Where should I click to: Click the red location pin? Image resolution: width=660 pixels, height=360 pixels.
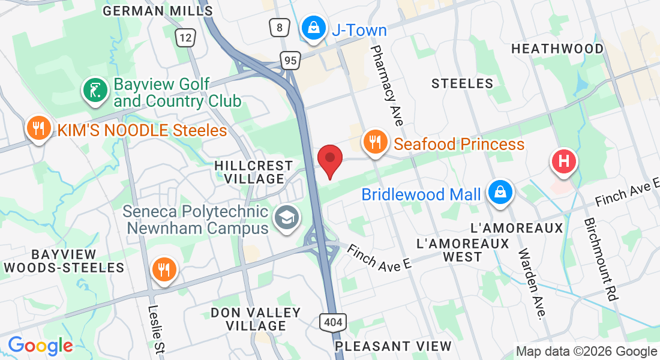click(x=329, y=158)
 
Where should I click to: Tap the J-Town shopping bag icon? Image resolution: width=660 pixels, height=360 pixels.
click(x=313, y=27)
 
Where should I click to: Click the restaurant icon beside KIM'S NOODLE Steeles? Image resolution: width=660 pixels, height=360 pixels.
click(x=38, y=128)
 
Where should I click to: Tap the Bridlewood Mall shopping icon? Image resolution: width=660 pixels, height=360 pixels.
click(x=499, y=193)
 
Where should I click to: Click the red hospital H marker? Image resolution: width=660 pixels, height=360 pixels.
click(x=564, y=161)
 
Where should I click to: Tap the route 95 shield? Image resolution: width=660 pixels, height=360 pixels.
click(x=290, y=60)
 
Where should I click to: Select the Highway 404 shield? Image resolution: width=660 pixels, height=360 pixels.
click(x=332, y=322)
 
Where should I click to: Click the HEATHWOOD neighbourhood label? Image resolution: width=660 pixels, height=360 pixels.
click(x=557, y=49)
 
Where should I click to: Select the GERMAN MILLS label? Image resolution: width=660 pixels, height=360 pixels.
click(x=149, y=11)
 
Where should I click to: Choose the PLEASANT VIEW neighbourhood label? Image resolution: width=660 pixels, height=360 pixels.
click(x=393, y=346)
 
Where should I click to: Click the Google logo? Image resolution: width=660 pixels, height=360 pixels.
click(x=40, y=346)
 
